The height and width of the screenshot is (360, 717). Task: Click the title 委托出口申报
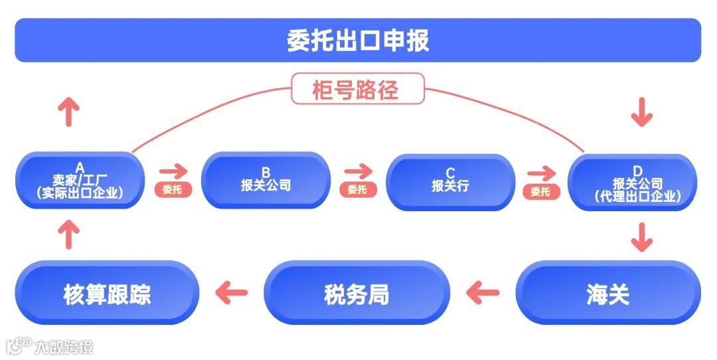(358, 40)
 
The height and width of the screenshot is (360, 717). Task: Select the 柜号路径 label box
(357, 88)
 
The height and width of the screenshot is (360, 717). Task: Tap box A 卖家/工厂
(80, 181)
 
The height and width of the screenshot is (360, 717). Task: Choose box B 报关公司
(266, 181)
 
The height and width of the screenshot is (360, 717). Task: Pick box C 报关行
(450, 181)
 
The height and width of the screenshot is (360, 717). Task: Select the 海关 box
(607, 293)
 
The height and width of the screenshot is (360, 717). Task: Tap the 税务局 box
(357, 293)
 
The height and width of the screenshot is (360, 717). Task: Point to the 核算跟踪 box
(107, 293)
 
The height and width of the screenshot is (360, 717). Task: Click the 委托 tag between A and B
(172, 190)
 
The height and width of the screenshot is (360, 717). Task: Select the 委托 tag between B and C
(357, 190)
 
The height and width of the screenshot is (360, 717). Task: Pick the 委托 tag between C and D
(540, 191)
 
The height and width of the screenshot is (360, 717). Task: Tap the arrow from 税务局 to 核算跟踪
(232, 292)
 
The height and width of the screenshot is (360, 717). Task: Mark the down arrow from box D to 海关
(641, 236)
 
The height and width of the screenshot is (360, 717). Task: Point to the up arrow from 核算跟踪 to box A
(68, 235)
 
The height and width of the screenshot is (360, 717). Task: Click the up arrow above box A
(68, 112)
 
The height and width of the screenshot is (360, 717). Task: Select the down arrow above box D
(641, 112)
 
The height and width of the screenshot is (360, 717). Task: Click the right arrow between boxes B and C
(358, 172)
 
